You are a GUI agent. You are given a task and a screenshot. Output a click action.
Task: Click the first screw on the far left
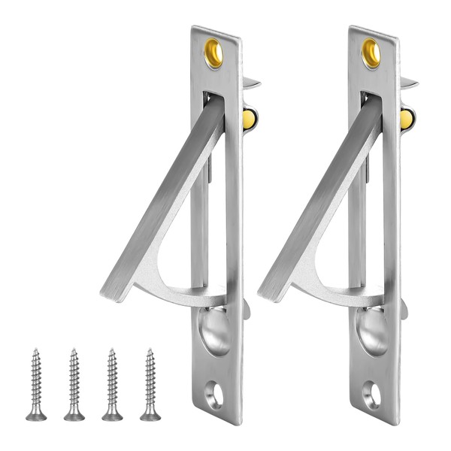pyautogui.click(x=35, y=383)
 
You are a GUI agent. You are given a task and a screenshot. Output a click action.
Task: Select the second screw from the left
pyautogui.click(x=74, y=383)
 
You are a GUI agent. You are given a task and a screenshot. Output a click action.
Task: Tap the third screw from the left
pyautogui.click(x=112, y=383)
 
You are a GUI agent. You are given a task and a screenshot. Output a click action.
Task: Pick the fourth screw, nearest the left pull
pyautogui.click(x=150, y=383)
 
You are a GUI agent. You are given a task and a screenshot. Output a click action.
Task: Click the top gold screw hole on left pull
pyautogui.click(x=213, y=53)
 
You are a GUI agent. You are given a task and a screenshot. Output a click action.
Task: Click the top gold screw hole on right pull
pyautogui.click(x=371, y=53)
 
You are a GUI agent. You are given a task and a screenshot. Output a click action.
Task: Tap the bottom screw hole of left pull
pyautogui.click(x=213, y=395)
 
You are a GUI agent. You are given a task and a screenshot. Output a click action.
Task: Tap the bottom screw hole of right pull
pyautogui.click(x=371, y=395)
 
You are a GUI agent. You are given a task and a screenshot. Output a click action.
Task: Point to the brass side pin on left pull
pyautogui.click(x=249, y=118)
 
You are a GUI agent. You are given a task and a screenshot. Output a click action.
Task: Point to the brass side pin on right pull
pyautogui.click(x=406, y=118)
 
